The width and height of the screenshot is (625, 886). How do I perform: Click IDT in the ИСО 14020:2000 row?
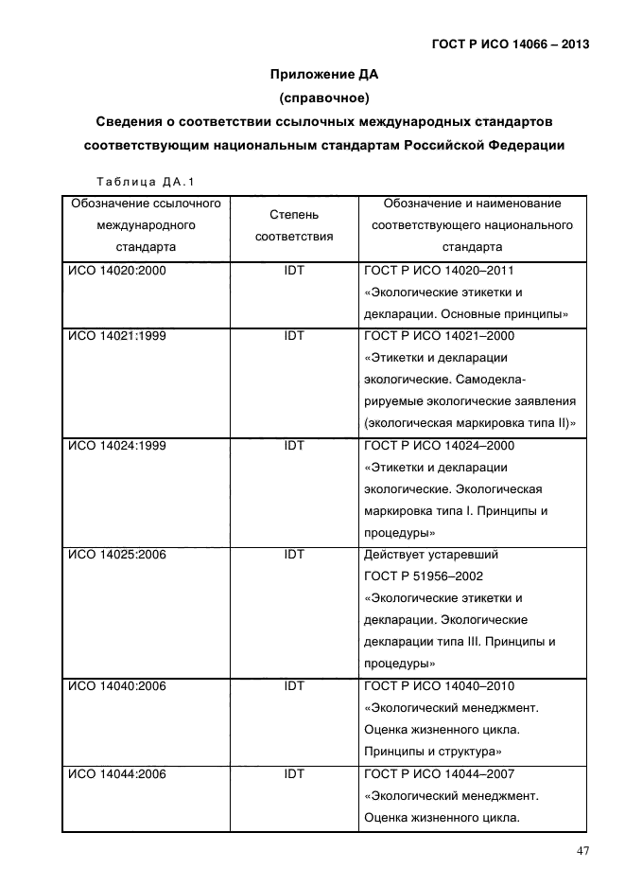coord(294,271)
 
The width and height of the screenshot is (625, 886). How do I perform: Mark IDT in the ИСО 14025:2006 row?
coord(294,555)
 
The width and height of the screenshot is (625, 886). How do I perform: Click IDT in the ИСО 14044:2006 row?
coord(294,774)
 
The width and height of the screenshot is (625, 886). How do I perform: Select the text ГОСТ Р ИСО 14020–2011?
coord(440,271)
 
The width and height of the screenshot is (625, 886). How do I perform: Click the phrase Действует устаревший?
coord(430,555)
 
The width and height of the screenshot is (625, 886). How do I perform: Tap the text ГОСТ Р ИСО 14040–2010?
coord(440,686)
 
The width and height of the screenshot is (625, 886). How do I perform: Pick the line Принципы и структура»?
coord(432,753)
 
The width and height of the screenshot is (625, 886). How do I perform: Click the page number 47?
coord(583,851)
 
